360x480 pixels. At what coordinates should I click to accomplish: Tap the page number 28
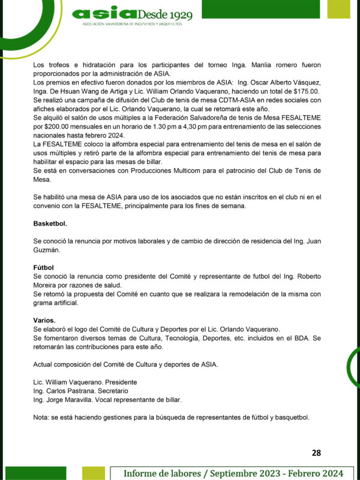(316, 452)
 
